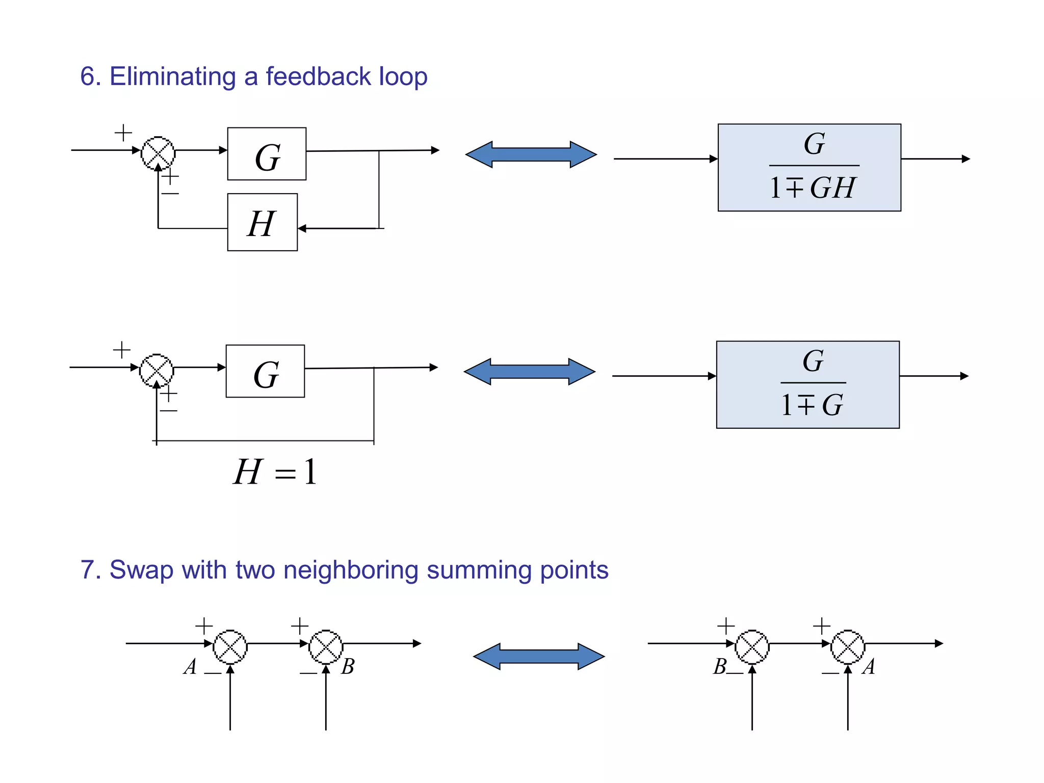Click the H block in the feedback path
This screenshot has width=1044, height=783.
point(262,222)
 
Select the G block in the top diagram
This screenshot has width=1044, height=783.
point(267,154)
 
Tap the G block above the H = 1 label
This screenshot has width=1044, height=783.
point(265,371)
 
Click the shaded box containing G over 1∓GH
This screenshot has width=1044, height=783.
point(809,167)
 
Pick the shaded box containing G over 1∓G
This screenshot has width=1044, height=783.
point(807,384)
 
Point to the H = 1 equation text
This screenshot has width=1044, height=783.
point(275,472)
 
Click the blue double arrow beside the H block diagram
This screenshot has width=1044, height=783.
point(531,154)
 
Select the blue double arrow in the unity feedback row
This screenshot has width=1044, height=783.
point(529,372)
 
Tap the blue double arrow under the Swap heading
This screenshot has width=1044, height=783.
point(539,656)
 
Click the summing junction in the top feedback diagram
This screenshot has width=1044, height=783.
point(158,153)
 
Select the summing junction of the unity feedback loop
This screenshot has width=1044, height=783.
point(156,370)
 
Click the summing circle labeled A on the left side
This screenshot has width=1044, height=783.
point(230,647)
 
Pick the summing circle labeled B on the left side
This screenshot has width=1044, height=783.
point(326,647)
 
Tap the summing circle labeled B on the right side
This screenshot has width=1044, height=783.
point(752,647)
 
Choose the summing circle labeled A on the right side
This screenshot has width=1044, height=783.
point(848,647)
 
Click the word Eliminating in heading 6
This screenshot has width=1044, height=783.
point(172,77)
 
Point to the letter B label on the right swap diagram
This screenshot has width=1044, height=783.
point(719,667)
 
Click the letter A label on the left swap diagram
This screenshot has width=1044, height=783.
point(190,667)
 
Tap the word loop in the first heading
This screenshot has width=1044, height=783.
point(403,77)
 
